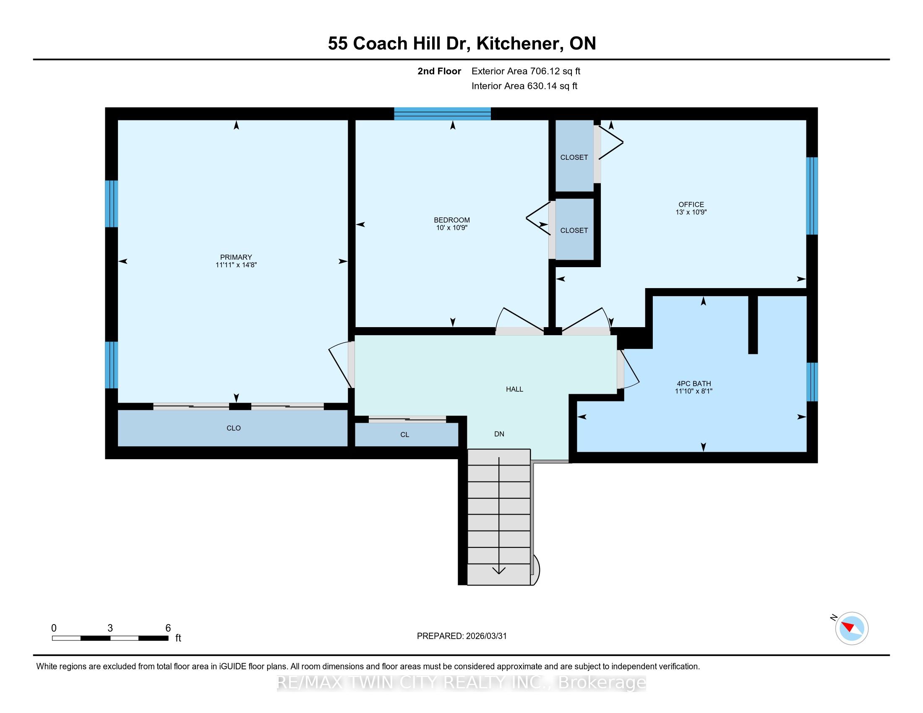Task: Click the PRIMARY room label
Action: tap(236, 257)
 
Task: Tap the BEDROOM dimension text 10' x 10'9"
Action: tap(452, 228)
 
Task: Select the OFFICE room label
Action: tap(691, 204)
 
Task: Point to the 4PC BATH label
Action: tap(694, 383)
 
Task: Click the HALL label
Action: tap(514, 389)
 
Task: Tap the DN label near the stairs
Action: tap(499, 434)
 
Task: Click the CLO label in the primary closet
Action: tap(234, 428)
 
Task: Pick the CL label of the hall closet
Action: tap(405, 435)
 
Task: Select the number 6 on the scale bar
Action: tap(168, 628)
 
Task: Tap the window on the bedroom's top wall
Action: tap(443, 114)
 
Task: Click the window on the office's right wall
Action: tap(812, 196)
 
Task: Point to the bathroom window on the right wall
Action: tap(812, 382)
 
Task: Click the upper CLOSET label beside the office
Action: tap(574, 158)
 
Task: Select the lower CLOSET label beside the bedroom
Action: tap(574, 231)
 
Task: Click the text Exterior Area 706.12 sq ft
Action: tap(526, 71)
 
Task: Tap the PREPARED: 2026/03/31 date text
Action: tap(461, 636)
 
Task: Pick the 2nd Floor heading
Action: tap(439, 71)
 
